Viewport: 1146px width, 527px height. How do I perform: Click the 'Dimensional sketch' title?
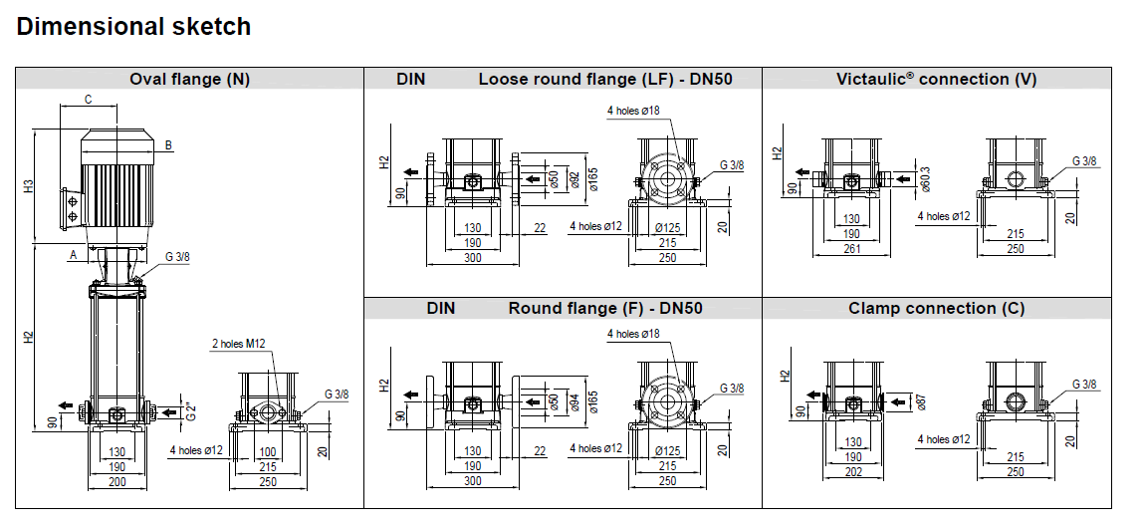click(133, 27)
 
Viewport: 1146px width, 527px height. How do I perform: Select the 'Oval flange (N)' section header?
click(189, 80)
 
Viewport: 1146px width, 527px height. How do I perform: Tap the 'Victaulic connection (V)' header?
click(936, 80)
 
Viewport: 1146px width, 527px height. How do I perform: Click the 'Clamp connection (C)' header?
click(936, 309)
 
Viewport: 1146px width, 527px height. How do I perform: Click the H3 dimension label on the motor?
click(29, 186)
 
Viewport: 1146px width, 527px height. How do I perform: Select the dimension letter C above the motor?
click(88, 99)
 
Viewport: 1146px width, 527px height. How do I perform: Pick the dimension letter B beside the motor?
click(168, 145)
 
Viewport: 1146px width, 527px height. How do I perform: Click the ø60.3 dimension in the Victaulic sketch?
click(925, 179)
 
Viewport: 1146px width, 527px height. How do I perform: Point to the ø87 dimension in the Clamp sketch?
click(921, 402)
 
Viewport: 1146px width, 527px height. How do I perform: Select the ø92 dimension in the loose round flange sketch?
click(574, 179)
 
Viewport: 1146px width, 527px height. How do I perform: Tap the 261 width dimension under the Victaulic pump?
click(851, 250)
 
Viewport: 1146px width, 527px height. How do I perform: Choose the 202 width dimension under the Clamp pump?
click(851, 472)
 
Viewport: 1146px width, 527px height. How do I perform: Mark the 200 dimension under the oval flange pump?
click(117, 482)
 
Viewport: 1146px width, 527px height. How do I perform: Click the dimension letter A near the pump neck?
click(73, 256)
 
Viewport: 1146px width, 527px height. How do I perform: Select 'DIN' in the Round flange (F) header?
click(441, 309)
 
